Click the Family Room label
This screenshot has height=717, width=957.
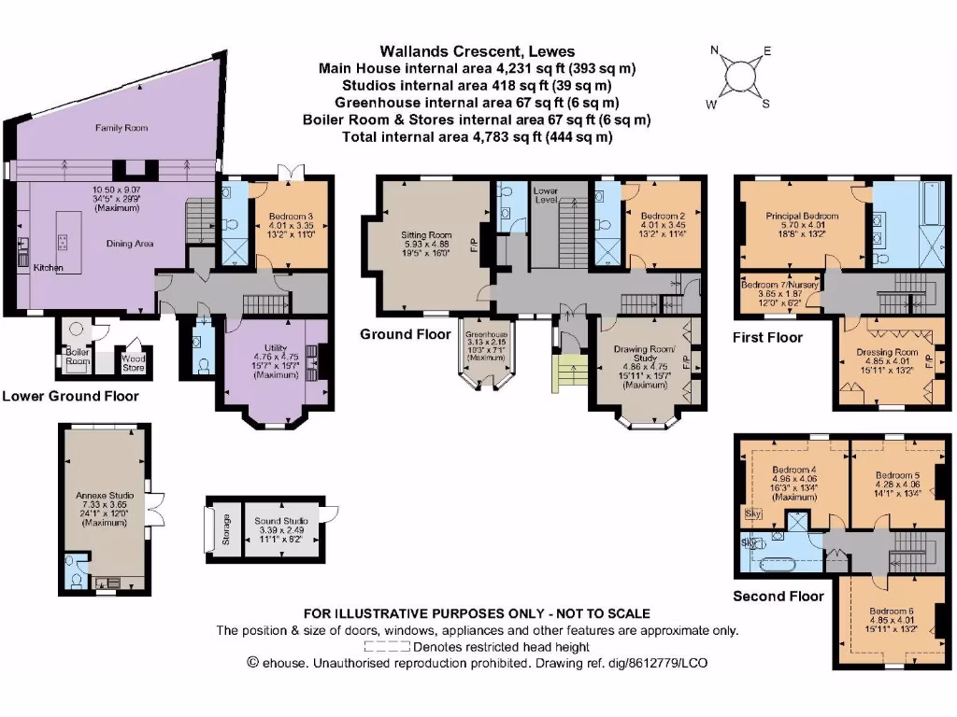pos(121,128)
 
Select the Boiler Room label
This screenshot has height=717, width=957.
pos(77,356)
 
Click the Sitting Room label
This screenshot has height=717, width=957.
pos(425,235)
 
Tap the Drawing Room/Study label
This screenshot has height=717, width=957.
pos(642,353)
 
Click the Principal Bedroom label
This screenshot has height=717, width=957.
pos(802,216)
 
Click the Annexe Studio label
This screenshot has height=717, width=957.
pos(104,495)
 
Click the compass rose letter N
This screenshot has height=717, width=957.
pos(715,51)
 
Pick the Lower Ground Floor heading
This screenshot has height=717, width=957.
pos(70,396)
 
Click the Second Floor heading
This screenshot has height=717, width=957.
pos(778,596)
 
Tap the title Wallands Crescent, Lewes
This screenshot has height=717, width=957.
pos(478,52)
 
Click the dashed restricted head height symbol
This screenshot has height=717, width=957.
pos(387,646)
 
